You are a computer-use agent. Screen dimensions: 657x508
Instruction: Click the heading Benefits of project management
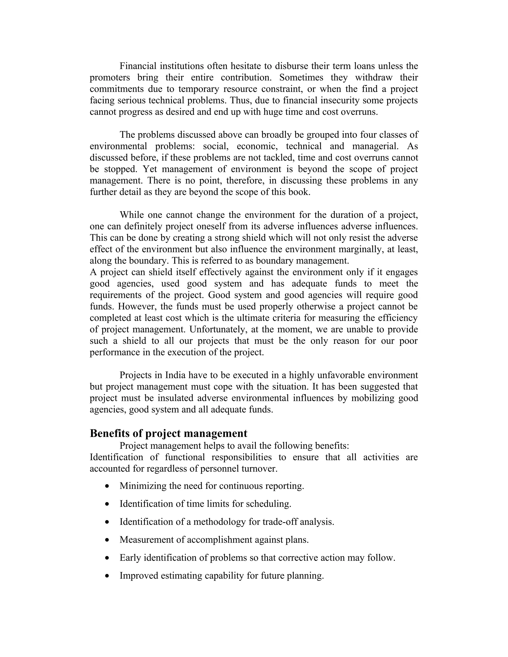tap(168, 433)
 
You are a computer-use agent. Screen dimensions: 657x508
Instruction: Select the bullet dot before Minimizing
tap(107, 486)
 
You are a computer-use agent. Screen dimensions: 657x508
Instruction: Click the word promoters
tap(110, 78)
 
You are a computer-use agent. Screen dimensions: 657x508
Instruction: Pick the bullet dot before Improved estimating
tap(107, 576)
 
